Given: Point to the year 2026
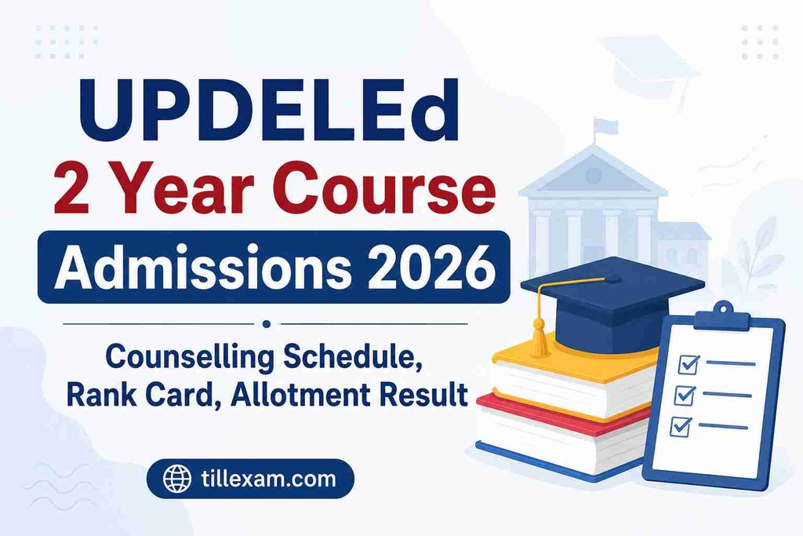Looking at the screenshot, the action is [x=432, y=267].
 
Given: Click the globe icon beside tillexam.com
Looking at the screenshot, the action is [x=177, y=479].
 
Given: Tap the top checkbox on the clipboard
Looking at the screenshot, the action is [x=689, y=364].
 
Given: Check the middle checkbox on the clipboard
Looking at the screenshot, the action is [x=685, y=395].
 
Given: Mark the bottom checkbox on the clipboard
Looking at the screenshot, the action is [x=681, y=426].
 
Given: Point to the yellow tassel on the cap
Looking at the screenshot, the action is [x=539, y=338].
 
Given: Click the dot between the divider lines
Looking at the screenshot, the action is [x=266, y=323].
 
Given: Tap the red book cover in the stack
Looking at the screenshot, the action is [x=558, y=413].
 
